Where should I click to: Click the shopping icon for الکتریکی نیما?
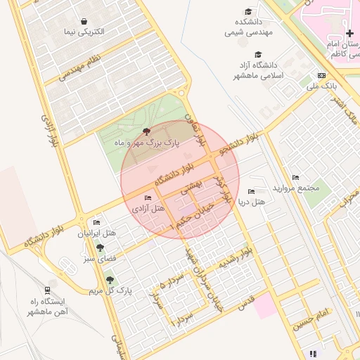point(84,22)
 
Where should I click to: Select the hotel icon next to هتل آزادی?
point(147,198)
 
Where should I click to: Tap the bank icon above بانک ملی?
point(322,75)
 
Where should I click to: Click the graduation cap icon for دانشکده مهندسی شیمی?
point(247,11)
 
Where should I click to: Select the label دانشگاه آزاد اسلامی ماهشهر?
point(257,70)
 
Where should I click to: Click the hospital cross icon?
point(349,33)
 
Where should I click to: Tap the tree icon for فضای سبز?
point(100,247)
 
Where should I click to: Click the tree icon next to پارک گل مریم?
point(109,279)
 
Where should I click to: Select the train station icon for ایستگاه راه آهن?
point(47,289)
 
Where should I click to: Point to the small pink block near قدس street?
point(265,307)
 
